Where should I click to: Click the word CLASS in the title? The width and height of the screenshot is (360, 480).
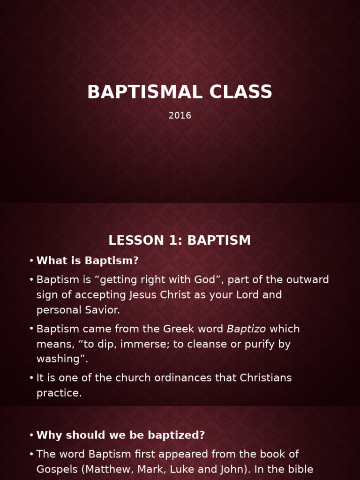241,92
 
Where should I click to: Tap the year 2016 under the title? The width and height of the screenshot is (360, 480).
180,116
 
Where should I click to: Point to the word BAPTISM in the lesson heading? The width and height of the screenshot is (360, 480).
219,240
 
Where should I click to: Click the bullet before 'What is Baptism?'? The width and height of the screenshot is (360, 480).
31,261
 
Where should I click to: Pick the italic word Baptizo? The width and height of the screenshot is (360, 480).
246,329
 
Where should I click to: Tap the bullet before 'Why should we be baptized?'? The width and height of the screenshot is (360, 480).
31,435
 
